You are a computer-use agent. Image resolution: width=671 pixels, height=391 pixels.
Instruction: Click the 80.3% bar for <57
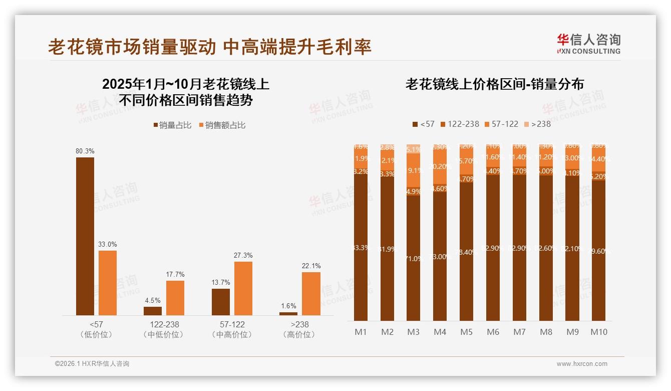pyautogui.click(x=85, y=236)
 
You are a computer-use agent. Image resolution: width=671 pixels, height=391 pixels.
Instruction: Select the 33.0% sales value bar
pyautogui.click(x=108, y=283)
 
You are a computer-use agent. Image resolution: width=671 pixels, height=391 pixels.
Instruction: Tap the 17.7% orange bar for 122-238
pyautogui.click(x=175, y=298)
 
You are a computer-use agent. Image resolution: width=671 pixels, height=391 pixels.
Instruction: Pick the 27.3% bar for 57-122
pyautogui.click(x=243, y=288)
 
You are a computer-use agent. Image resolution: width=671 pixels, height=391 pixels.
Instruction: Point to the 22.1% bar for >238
pyautogui.click(x=311, y=293)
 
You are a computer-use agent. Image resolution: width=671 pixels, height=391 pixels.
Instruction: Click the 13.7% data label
pyautogui.click(x=221, y=283)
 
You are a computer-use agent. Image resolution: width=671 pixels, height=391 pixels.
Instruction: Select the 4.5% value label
pyautogui.click(x=153, y=301)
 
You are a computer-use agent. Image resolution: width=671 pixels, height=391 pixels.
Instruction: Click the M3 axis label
pyautogui.click(x=414, y=332)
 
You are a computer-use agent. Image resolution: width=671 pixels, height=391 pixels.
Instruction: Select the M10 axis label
pyautogui.click(x=599, y=332)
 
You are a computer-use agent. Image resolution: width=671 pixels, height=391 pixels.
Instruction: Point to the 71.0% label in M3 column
pyautogui.click(x=414, y=259)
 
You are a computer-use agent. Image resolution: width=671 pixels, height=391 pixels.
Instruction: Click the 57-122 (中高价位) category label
pyautogui.click(x=232, y=329)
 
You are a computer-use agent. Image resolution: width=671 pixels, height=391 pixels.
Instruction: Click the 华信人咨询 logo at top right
pyautogui.click(x=588, y=44)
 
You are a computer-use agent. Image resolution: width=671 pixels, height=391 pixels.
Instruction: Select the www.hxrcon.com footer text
pyautogui.click(x=582, y=364)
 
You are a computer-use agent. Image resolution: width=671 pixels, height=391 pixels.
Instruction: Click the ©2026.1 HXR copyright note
pyautogui.click(x=92, y=364)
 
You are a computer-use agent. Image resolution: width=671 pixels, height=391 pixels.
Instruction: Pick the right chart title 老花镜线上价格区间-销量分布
pyautogui.click(x=495, y=84)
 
